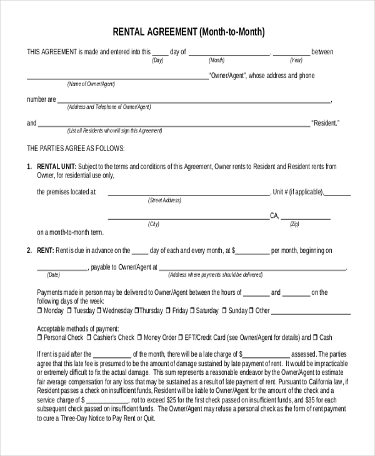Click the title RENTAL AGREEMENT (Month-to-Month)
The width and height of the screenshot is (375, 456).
pyautogui.click(x=188, y=32)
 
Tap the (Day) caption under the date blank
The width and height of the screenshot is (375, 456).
pyautogui.click(x=157, y=61)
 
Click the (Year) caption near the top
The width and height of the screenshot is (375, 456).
pyautogui.click(x=296, y=61)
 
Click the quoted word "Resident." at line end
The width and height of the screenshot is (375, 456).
pyautogui.click(x=326, y=123)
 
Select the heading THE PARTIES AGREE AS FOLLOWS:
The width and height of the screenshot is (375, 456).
pyautogui.click(x=76, y=149)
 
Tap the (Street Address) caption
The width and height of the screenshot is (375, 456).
pyautogui.click(x=164, y=201)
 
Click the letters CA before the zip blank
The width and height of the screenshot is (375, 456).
pyautogui.click(x=274, y=216)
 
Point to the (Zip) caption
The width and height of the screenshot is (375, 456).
pyautogui.click(x=295, y=224)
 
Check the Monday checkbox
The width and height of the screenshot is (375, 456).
pyautogui.click(x=40, y=310)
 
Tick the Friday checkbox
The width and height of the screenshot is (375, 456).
pyautogui.click(x=168, y=310)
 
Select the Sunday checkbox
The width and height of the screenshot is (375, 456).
pyautogui.click(x=224, y=310)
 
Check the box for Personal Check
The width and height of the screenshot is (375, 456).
pyautogui.click(x=40, y=337)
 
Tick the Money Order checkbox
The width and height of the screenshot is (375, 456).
pyautogui.click(x=139, y=337)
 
